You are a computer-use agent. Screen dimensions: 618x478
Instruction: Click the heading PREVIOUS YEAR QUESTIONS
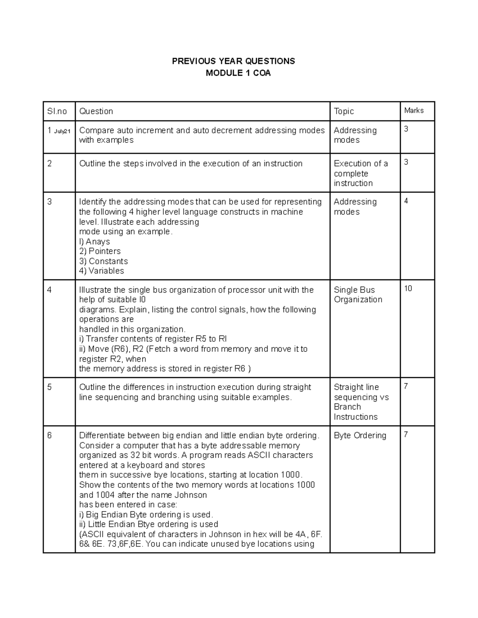tap(233, 61)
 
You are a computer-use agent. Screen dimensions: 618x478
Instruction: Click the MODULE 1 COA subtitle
tap(238, 73)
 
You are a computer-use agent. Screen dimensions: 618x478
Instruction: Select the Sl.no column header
tap(57, 111)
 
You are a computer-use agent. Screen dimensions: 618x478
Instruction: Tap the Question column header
tap(96, 111)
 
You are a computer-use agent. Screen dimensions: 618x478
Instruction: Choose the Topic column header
tap(344, 111)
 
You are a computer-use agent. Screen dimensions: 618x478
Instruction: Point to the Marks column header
tap(414, 110)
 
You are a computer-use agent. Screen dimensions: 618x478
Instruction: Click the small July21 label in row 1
tap(62, 131)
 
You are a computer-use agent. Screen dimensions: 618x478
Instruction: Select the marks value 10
tap(408, 289)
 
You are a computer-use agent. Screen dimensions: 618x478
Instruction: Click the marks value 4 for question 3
tap(406, 201)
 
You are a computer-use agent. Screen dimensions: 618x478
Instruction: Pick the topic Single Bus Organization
tap(358, 294)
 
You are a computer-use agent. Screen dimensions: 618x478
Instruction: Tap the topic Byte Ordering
tap(360, 435)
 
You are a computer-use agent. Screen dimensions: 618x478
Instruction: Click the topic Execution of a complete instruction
tap(360, 173)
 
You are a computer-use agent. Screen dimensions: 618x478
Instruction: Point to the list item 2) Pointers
tap(100, 251)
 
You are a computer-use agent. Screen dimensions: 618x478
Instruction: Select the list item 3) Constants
tap(104, 261)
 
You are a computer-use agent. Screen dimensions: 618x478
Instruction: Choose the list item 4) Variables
tap(102, 271)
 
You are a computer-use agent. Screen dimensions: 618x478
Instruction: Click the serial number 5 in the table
tap(49, 387)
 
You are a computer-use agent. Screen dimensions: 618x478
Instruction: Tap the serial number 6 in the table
tap(49, 435)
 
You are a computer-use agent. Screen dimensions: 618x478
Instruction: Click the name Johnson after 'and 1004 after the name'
tap(191, 495)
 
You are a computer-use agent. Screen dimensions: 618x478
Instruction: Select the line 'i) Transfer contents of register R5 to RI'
tap(153, 339)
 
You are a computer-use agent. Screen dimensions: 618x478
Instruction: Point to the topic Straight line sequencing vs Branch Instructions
tap(361, 402)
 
